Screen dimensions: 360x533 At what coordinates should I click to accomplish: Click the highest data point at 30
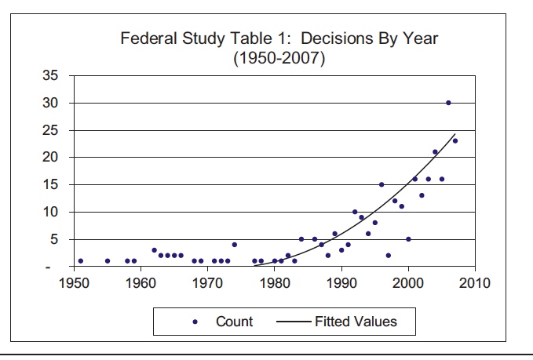click(448, 103)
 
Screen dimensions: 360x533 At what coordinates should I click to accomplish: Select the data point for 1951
click(81, 260)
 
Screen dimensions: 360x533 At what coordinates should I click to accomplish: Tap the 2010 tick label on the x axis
click(475, 283)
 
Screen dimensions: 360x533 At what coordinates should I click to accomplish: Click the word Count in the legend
click(234, 321)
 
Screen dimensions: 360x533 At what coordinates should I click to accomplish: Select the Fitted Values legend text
click(356, 321)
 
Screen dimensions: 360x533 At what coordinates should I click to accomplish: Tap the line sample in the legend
click(294, 321)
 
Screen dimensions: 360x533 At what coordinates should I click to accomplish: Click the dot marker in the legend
click(196, 321)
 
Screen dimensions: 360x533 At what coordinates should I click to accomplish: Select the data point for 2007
click(455, 140)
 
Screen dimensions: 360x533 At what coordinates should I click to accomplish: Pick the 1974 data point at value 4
click(234, 245)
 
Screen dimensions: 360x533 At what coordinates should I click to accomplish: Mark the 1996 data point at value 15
click(381, 185)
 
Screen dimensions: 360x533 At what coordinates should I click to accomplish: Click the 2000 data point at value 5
click(408, 239)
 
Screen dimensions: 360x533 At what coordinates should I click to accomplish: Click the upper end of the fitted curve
click(455, 134)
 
